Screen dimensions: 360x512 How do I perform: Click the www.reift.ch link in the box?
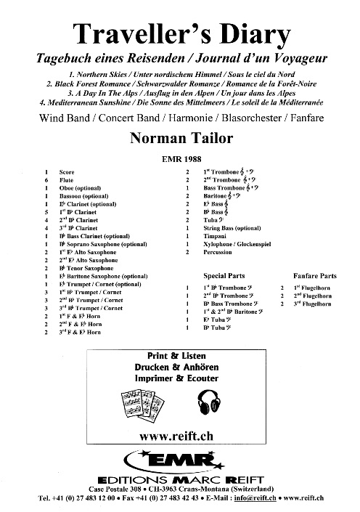180,437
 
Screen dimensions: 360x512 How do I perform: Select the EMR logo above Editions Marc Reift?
179,459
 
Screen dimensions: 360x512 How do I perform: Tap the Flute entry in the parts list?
67,179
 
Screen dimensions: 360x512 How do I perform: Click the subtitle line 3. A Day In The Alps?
180,93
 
